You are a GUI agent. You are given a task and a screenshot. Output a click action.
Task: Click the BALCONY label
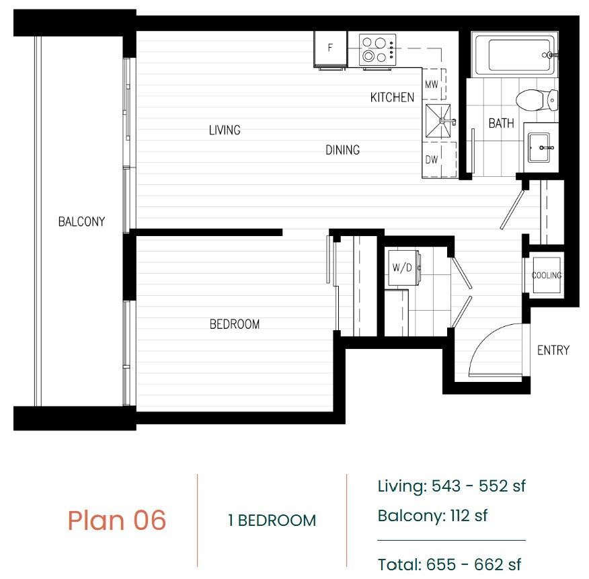tap(81, 222)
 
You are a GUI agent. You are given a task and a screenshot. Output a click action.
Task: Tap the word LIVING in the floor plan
tap(225, 130)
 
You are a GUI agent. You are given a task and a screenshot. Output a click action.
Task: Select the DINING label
tap(343, 150)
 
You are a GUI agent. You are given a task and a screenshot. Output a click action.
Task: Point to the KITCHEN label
tap(392, 98)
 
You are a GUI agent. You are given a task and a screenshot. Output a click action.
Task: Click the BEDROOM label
tap(235, 324)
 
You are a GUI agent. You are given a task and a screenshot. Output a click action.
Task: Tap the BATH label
tap(501, 123)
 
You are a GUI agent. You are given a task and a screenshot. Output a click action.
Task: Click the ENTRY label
tap(553, 350)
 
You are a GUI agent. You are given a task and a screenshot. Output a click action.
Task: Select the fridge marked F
tap(331, 49)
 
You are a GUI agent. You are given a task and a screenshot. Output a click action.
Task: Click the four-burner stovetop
tap(378, 50)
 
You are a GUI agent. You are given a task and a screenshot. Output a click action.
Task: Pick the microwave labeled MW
tap(434, 84)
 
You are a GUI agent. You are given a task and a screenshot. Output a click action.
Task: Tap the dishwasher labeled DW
tap(439, 159)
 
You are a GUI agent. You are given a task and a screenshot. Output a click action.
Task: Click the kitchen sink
tap(438, 121)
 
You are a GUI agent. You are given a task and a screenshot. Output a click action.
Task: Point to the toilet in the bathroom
tap(537, 100)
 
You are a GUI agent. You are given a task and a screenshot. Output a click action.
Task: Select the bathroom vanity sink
tap(539, 147)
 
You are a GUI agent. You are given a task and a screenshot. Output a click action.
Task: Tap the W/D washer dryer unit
tap(403, 268)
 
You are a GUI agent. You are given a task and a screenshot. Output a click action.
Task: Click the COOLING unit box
tap(547, 276)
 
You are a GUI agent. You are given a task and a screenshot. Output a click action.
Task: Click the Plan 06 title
tap(117, 520)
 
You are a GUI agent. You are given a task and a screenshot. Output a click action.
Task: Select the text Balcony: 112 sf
tap(432, 516)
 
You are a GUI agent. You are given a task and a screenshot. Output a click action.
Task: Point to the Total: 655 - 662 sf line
tap(449, 564)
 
